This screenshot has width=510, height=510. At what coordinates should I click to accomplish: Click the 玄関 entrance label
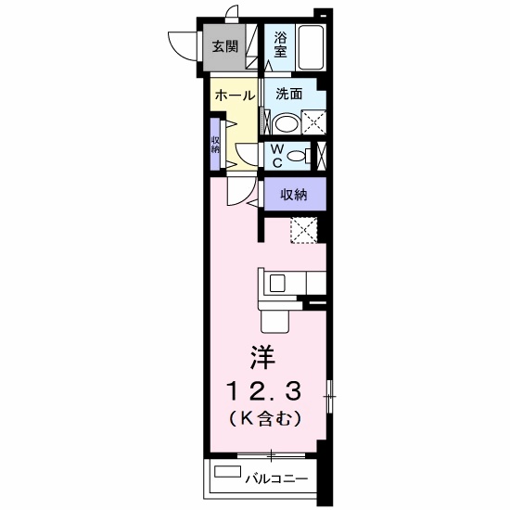225,46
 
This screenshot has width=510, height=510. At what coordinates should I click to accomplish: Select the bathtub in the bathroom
312,47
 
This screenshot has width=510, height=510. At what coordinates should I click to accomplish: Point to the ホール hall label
235,96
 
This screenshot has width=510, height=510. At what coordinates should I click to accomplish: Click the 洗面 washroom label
288,94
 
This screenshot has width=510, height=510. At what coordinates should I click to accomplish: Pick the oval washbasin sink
286,123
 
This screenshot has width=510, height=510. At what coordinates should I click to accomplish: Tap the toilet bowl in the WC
297,156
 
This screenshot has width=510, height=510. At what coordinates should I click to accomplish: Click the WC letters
277,156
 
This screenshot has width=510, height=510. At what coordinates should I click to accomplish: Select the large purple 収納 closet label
294,195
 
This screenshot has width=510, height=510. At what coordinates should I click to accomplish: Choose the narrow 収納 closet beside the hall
215,144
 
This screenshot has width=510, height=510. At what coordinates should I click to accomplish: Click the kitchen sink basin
278,283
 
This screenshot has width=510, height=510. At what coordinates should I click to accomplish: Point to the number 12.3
264,390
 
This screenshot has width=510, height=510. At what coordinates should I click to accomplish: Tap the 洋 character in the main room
262,357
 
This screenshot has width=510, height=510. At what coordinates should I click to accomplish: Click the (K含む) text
264,419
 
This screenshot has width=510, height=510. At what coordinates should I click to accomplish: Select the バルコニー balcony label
276,478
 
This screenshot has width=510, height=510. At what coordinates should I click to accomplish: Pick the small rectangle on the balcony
228,472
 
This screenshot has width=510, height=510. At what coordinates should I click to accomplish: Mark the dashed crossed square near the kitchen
304,230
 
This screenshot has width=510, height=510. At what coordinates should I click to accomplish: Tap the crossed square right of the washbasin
313,122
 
